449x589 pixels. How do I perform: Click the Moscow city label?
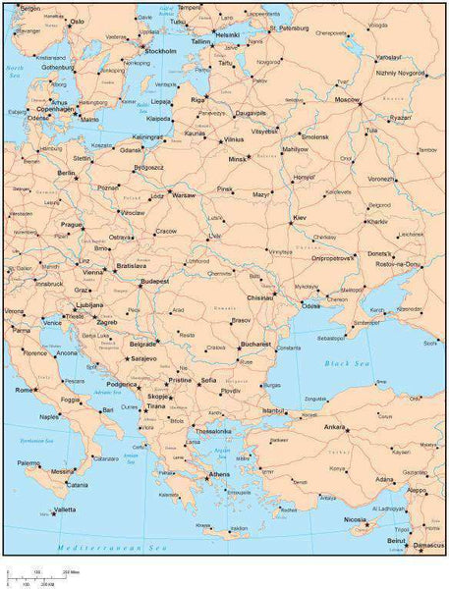coord(347,100)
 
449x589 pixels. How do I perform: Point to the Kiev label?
coord(299,217)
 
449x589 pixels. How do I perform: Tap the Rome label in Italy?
coord(25,390)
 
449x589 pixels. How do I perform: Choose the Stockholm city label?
coord(160,50)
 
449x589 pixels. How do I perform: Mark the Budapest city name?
coord(155,282)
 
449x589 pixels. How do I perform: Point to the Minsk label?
coord(238,159)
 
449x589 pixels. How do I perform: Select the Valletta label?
coord(65,510)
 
